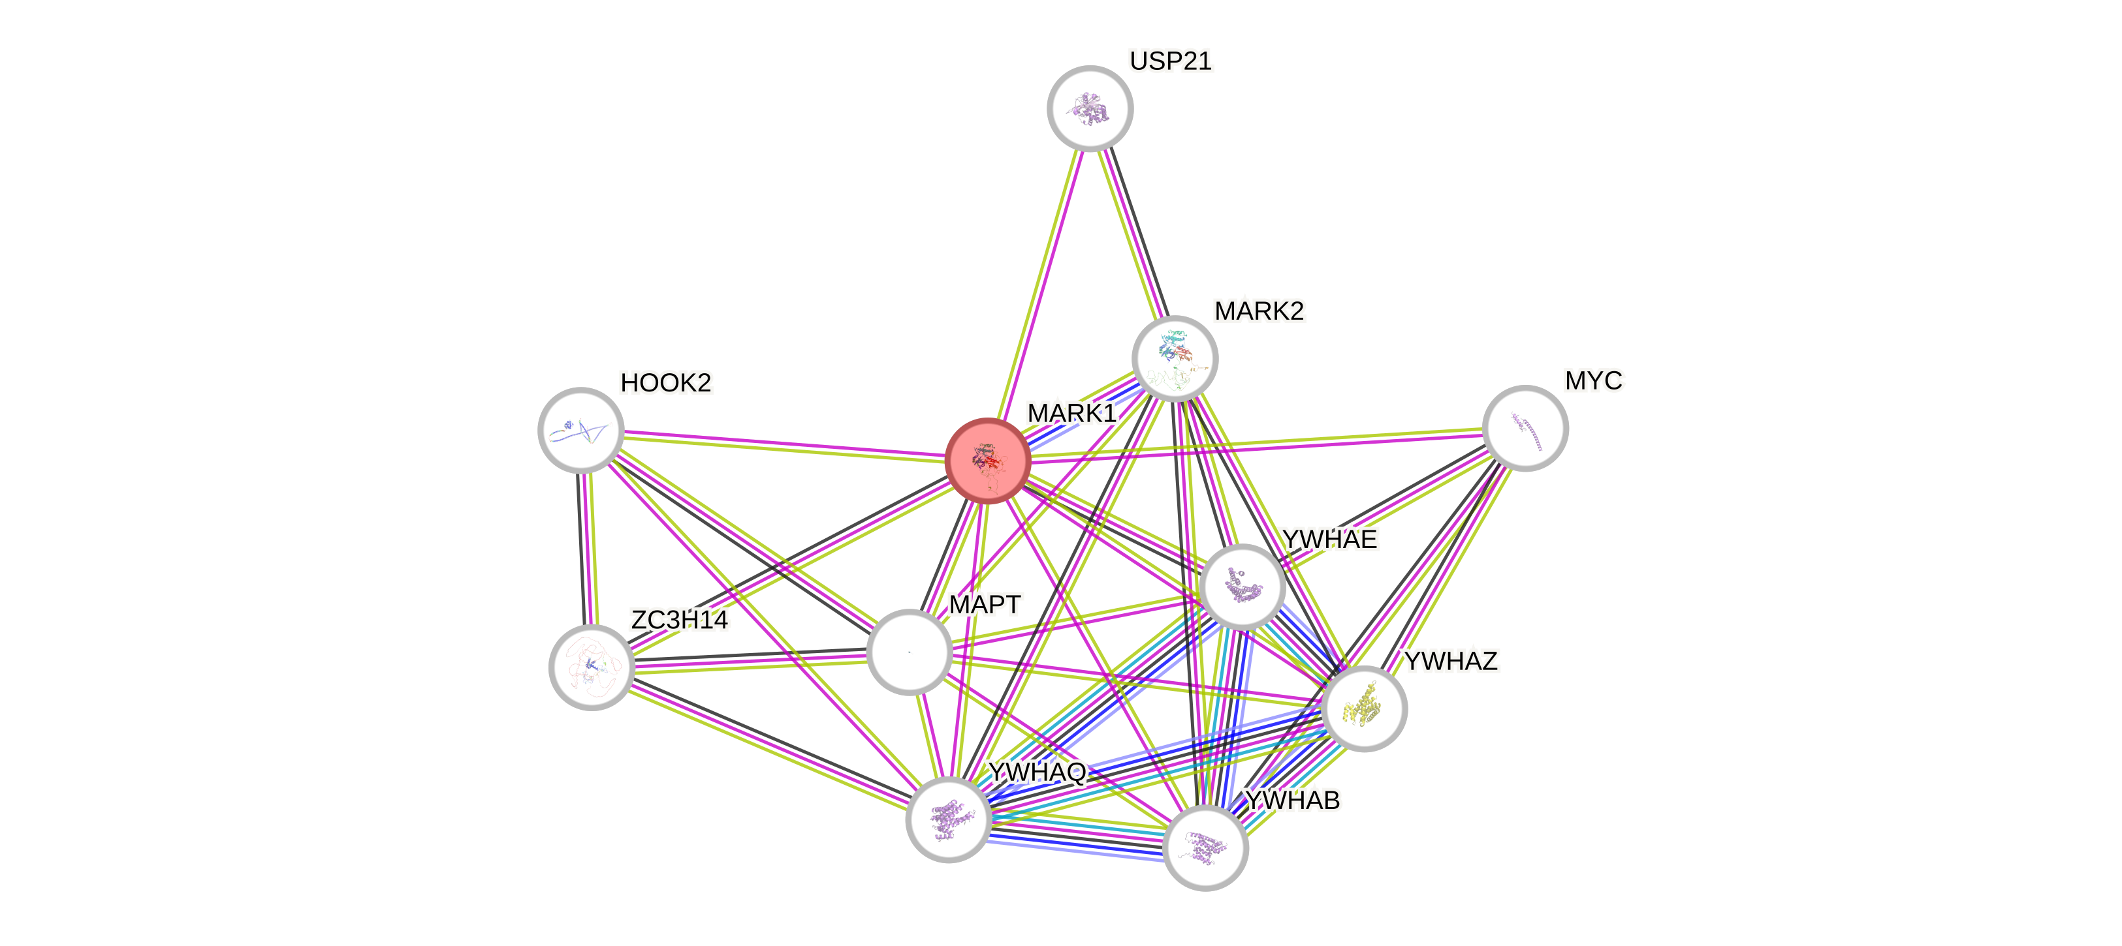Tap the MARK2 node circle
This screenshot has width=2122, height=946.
click(1175, 358)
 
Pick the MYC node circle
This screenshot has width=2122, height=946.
click(1525, 428)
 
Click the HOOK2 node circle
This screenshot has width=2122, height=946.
click(580, 430)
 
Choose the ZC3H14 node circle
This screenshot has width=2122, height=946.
click(592, 667)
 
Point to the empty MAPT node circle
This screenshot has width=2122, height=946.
click(910, 652)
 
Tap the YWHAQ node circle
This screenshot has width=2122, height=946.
click(948, 819)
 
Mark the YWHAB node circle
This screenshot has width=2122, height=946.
click(1205, 848)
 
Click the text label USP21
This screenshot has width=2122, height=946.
click(1170, 61)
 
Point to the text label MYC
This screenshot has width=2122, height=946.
click(1594, 380)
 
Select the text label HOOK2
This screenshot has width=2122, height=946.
click(665, 383)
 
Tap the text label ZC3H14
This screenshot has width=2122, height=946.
click(679, 619)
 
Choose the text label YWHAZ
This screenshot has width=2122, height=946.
click(1451, 661)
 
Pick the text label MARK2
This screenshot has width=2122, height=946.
click(1259, 311)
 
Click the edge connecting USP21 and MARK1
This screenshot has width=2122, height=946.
click(1039, 280)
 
